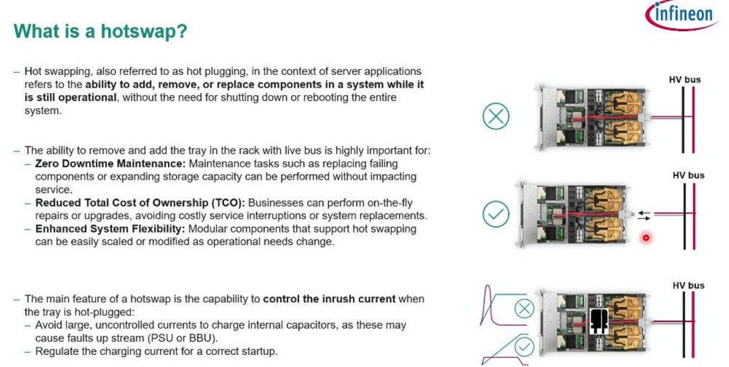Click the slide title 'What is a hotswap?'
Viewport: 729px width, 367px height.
pyautogui.click(x=101, y=31)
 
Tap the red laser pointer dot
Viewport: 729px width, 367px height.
pyautogui.click(x=645, y=238)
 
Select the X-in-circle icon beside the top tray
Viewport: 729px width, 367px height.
pyautogui.click(x=496, y=116)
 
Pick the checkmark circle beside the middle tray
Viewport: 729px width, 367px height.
pyautogui.click(x=496, y=214)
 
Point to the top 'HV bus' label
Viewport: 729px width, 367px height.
pyautogui.click(x=684, y=80)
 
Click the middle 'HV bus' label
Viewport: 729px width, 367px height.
pyautogui.click(x=688, y=175)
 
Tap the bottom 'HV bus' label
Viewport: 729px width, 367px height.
pyautogui.click(x=688, y=285)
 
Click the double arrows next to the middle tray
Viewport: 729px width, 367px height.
pyautogui.click(x=645, y=215)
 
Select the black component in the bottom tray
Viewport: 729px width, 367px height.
pyautogui.click(x=600, y=321)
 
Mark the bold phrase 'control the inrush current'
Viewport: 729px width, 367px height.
pyautogui.click(x=329, y=299)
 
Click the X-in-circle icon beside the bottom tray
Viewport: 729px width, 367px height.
pyautogui.click(x=524, y=308)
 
